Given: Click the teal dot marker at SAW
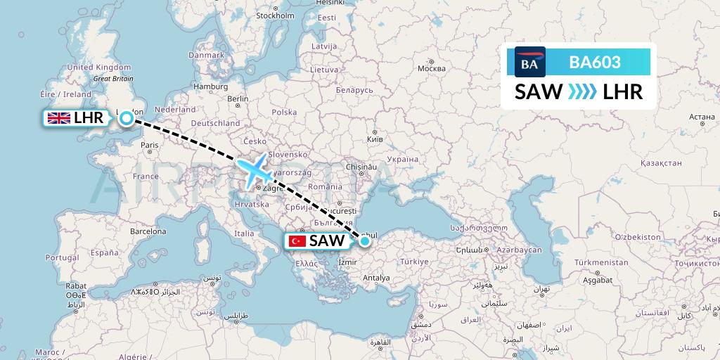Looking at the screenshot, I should [365, 241].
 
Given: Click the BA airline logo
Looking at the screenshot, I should [529, 63].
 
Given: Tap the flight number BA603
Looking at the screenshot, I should [595, 63].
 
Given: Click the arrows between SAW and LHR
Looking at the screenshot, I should [582, 91].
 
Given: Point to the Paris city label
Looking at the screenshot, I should [149, 146].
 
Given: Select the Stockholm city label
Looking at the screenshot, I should [274, 15].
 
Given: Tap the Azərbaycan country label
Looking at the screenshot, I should [518, 250].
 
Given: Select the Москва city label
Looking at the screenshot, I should [431, 69].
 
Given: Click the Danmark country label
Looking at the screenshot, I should [206, 54].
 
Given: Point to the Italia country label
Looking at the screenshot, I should [245, 233].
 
